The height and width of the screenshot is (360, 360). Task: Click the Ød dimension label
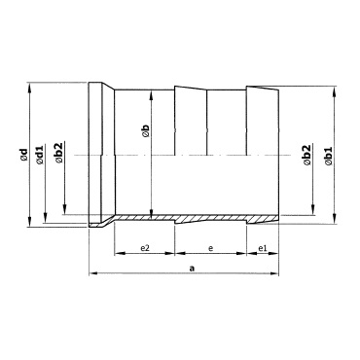23,155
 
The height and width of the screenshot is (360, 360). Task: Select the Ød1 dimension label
40,155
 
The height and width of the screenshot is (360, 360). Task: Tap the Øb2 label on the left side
59,153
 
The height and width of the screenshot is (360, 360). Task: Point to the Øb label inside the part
146,131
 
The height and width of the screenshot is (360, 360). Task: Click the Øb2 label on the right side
306,155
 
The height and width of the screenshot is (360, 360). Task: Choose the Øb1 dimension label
329,156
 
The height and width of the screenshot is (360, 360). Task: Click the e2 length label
145,248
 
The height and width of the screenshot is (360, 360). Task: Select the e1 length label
263,248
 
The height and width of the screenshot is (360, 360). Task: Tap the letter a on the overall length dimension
192,268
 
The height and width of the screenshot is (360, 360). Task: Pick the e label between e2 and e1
211,249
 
